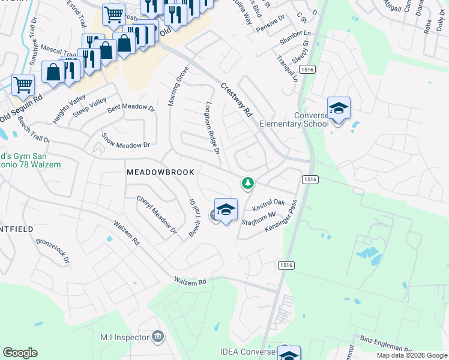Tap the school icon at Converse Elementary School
(339, 109)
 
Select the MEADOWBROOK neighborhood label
(160, 172)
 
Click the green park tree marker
(247, 182)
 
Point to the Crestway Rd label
(236, 100)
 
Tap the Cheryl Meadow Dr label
(157, 214)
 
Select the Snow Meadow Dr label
(125, 141)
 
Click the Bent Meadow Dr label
(131, 110)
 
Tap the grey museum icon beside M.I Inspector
(158, 337)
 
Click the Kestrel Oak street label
(268, 206)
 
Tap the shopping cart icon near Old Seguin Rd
(22, 85)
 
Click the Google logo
(20, 353)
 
